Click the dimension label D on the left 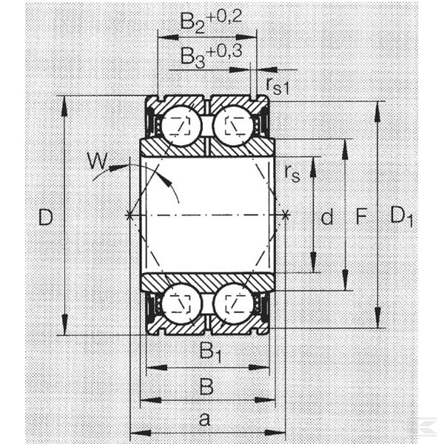pos(46,217)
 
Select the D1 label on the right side pos(401,217)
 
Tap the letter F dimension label pos(361,216)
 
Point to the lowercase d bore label pos(327,217)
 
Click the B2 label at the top pos(192,23)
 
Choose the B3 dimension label pos(192,58)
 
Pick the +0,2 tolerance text pos(224,17)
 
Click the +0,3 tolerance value pos(224,52)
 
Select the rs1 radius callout pos(277,86)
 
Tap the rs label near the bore pos(292,173)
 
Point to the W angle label pos(97,161)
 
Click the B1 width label pos(210,352)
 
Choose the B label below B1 pos(206,386)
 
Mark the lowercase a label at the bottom pos(204,420)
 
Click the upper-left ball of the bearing pos(181,125)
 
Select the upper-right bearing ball pos(234,125)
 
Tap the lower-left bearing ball pos(181,303)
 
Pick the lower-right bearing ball pos(234,303)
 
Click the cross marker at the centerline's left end pos(129,216)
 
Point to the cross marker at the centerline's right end pos(286,216)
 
